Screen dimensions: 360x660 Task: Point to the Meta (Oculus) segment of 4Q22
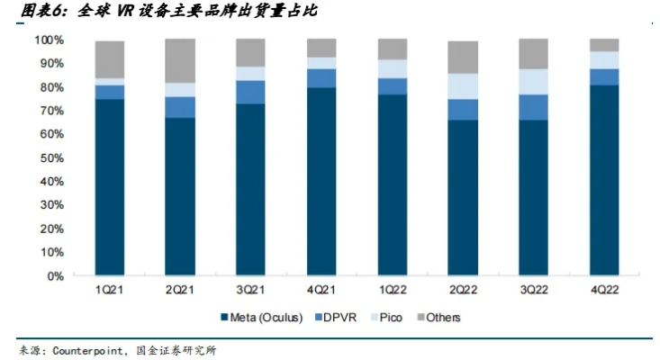click(x=604, y=180)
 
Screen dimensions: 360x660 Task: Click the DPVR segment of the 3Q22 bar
click(x=533, y=107)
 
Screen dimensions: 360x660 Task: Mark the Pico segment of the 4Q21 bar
click(x=321, y=63)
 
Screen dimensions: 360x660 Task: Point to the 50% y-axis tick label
click(x=50, y=158)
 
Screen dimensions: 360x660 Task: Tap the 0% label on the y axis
click(x=53, y=276)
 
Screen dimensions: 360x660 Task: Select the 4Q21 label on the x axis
click(x=321, y=290)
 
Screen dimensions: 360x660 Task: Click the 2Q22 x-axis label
click(x=463, y=290)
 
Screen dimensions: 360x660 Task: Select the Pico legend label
click(x=390, y=318)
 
